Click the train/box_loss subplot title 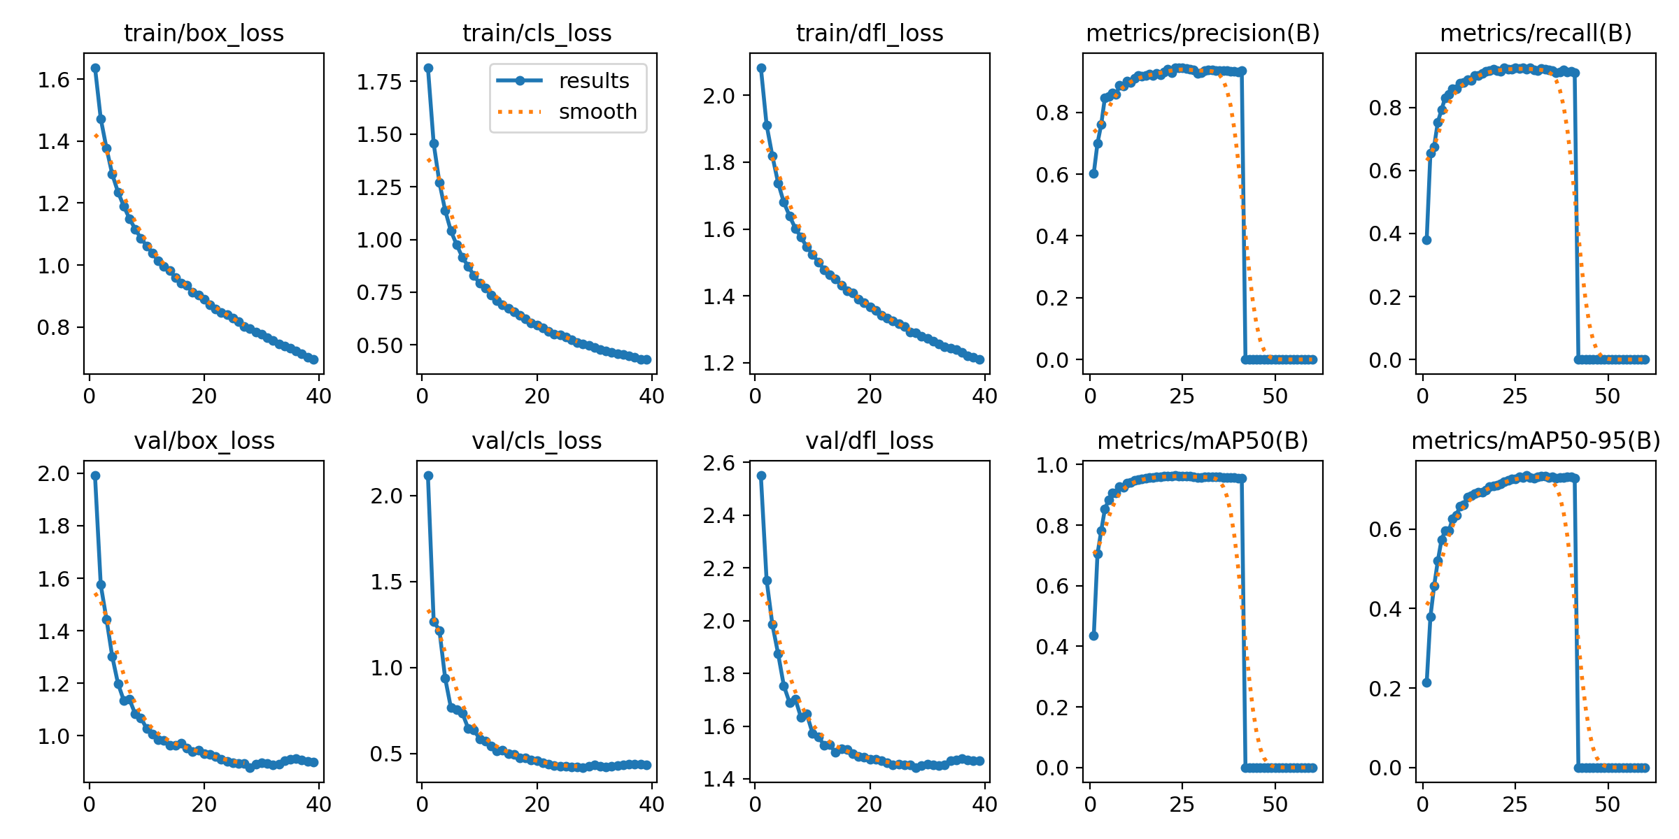tap(204, 34)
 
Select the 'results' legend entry tap(593, 81)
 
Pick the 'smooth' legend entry tap(597, 112)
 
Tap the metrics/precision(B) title tap(1203, 34)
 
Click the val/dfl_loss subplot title tap(870, 441)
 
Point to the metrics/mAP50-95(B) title tap(1536, 441)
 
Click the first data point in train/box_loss tap(95, 68)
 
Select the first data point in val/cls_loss tap(428, 475)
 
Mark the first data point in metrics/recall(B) tap(1426, 240)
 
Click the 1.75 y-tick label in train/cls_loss tap(380, 82)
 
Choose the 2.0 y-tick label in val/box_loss tap(54, 473)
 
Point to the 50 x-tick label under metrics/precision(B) tap(1275, 396)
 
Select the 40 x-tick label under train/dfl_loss tap(984, 396)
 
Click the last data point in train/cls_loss tap(646, 359)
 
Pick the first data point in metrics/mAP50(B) tap(1093, 636)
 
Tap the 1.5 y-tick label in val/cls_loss tap(387, 582)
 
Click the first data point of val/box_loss tap(95, 475)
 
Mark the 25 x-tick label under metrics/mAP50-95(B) tap(1515, 805)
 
